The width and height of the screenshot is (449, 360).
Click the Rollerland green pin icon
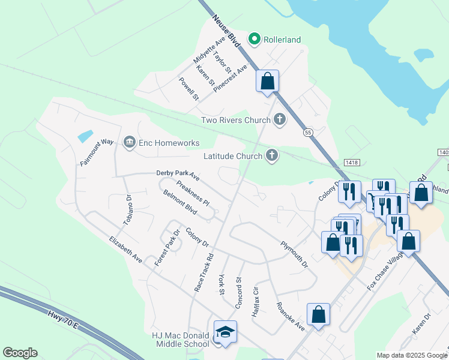[255, 40]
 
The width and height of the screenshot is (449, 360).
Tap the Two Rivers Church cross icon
[279, 120]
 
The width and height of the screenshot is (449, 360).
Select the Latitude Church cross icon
[272, 156]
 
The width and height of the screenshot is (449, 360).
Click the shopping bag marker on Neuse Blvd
[267, 81]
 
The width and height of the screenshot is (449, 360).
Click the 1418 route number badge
[351, 162]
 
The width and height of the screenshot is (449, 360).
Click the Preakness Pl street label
[193, 193]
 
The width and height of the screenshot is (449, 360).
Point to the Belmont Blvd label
[180, 203]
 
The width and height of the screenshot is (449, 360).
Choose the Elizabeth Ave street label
[125, 250]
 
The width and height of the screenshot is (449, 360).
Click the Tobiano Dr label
[127, 210]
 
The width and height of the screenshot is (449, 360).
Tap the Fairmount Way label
[97, 152]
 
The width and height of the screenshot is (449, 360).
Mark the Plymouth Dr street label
[294, 254]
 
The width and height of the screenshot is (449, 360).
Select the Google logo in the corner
[20, 353]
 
